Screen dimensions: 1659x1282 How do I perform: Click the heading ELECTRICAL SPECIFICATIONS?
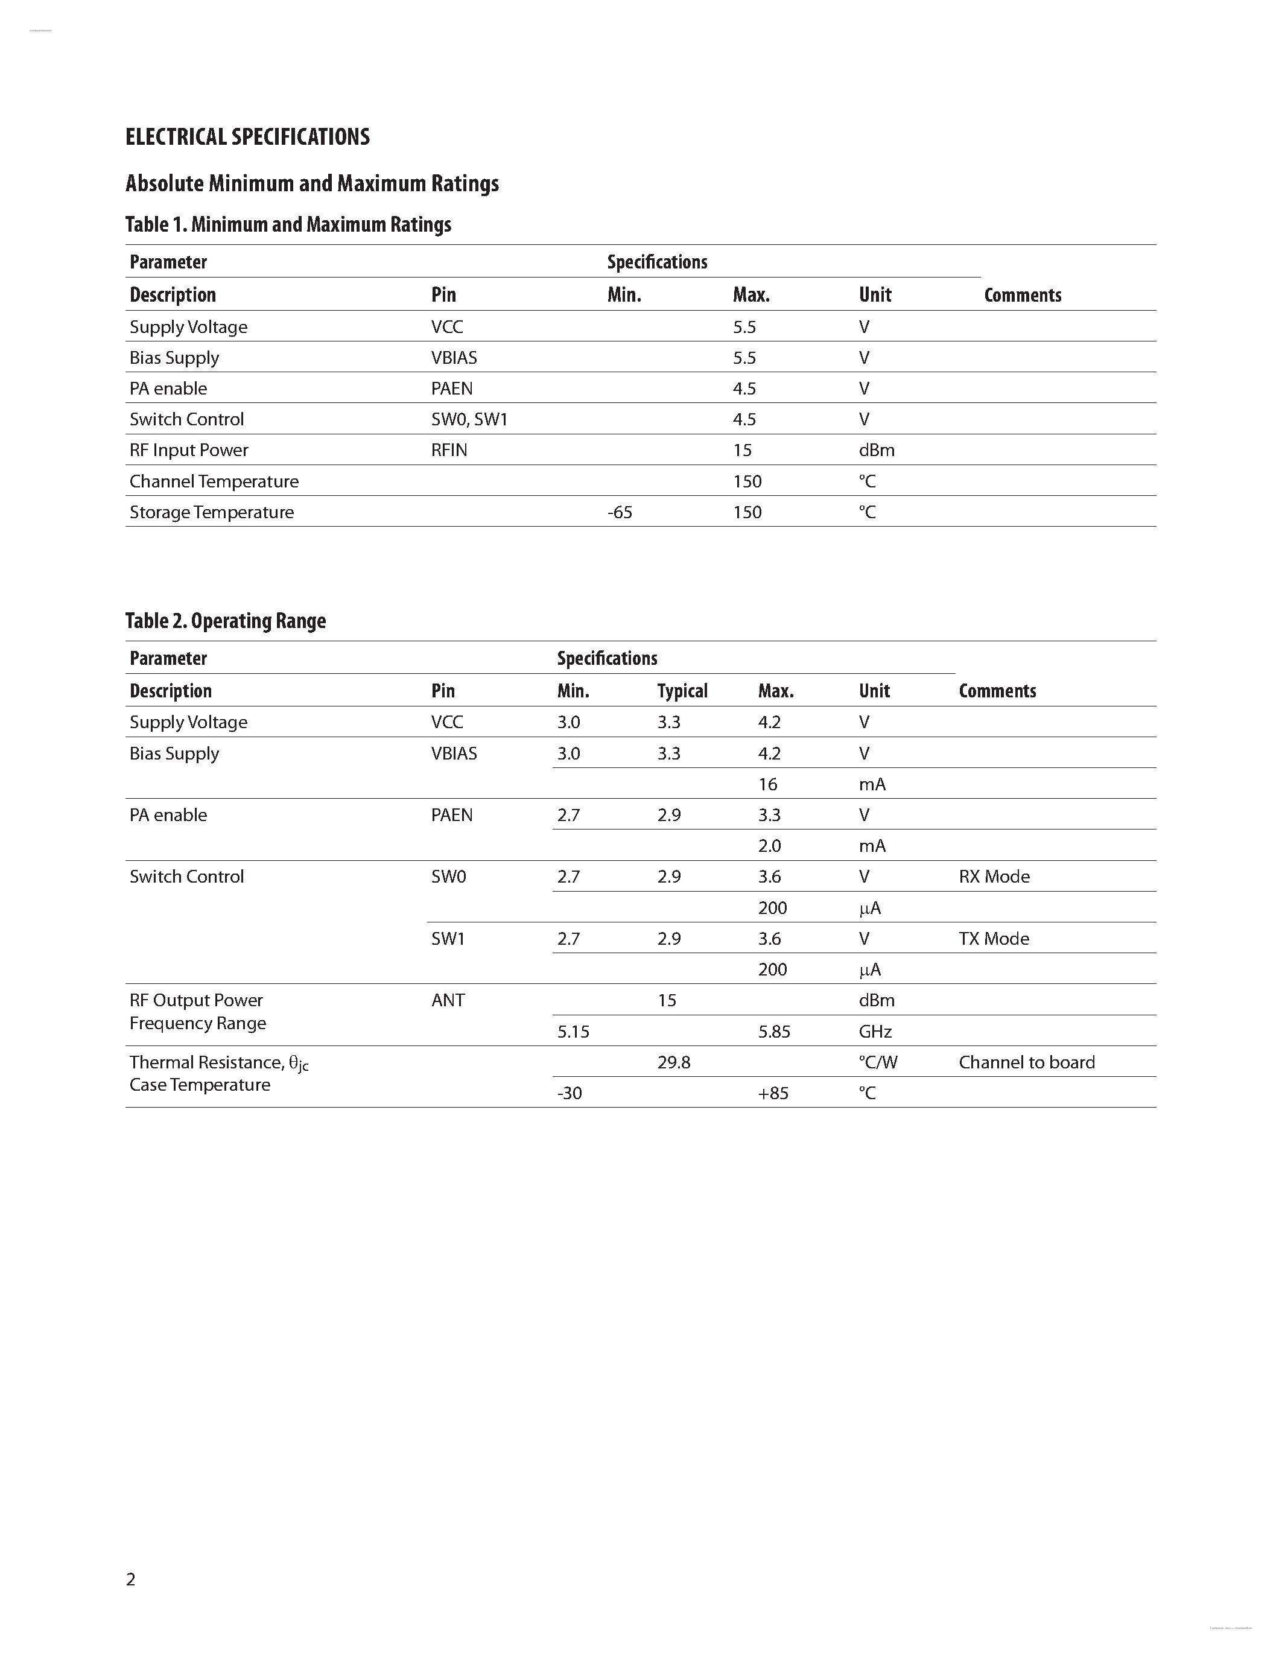pos(247,137)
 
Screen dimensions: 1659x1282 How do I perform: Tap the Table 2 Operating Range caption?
pos(226,621)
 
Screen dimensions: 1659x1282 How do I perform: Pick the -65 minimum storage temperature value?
pos(620,512)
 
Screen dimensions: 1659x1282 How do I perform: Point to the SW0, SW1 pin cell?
pos(469,419)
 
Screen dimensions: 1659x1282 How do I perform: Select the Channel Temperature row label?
pos(214,481)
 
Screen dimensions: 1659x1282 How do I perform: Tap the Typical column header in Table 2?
pos(682,691)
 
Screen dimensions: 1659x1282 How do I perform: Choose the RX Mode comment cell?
pos(994,877)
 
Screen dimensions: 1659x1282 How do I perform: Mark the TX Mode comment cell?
pos(994,938)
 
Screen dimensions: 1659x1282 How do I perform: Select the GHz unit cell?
pos(875,1032)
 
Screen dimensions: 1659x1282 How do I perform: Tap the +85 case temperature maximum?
pos(773,1093)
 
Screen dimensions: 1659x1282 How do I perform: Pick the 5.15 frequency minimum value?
pos(573,1032)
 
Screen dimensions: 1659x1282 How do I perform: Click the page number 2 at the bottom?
pos(131,1579)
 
